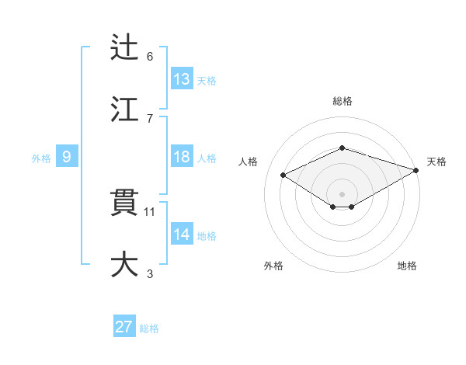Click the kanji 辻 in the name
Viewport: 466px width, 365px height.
(125, 47)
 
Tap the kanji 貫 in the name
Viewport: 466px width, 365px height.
(125, 202)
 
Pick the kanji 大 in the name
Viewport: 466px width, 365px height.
(125, 263)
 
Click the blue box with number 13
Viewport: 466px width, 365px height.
(182, 79)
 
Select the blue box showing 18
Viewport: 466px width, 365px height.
(182, 157)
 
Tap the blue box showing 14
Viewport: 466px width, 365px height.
(182, 235)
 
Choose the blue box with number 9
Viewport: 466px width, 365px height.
(67, 157)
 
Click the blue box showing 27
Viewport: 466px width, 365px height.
(124, 327)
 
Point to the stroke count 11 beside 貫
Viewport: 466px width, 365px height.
(150, 211)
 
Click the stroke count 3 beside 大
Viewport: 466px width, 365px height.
(150, 273)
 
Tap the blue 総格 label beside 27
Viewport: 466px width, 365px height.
(149, 328)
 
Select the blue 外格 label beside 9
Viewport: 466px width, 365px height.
(41, 158)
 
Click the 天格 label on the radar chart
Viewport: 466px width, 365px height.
(436, 162)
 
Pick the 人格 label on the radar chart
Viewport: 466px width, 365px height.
(249, 162)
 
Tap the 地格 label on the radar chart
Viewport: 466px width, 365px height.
(407, 266)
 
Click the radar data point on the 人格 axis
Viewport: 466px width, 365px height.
(283, 176)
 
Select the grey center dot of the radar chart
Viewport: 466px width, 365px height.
(342, 193)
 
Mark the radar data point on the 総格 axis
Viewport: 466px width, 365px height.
(342, 148)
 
